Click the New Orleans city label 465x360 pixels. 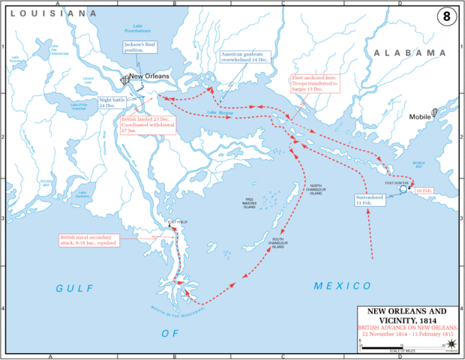(149, 76)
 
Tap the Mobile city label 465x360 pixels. (421, 117)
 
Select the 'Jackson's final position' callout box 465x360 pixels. (142, 49)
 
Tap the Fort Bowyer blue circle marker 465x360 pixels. (403, 190)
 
